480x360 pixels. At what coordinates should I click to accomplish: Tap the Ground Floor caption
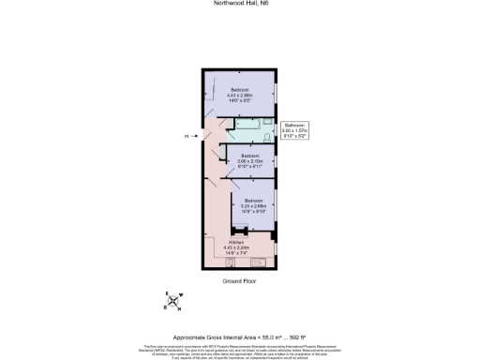(x=240, y=280)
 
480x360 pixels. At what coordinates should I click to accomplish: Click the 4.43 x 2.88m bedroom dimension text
(x=240, y=95)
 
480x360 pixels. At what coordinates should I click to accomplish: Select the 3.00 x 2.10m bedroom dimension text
(x=249, y=160)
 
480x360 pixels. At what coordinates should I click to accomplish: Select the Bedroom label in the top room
(x=240, y=89)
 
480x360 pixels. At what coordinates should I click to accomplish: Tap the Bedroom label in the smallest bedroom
(x=249, y=155)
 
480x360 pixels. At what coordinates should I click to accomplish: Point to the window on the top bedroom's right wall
(x=277, y=93)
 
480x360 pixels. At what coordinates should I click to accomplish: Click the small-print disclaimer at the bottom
(x=240, y=350)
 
